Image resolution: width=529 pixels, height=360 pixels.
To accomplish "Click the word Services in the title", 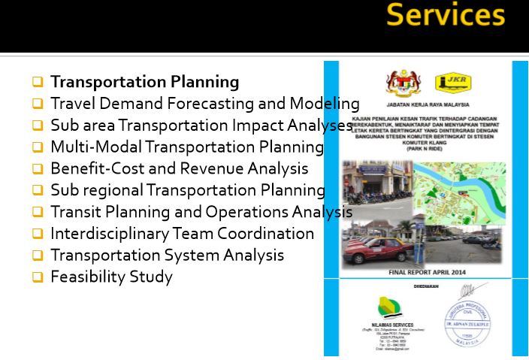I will [x=446, y=16].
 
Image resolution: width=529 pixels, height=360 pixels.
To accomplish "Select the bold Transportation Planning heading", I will [x=144, y=82].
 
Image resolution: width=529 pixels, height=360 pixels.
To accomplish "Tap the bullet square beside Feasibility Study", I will [x=37, y=277].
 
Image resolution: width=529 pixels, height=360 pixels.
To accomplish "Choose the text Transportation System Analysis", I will [x=167, y=256].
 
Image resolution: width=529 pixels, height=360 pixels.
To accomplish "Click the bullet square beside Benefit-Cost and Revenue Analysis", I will [x=37, y=169].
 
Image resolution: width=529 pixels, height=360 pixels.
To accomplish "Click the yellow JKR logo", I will [x=452, y=80].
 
